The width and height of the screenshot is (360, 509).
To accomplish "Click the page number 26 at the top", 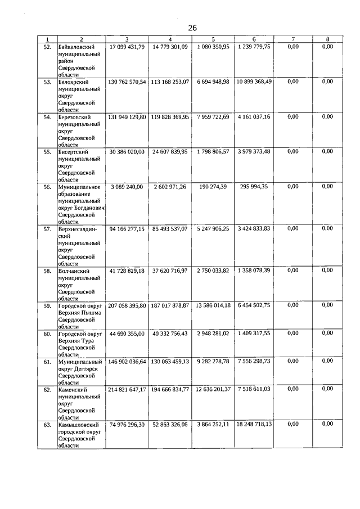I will point(192,28).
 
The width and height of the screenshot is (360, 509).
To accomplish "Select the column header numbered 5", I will point(213,39).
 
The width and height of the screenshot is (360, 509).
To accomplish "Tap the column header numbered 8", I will point(328,39).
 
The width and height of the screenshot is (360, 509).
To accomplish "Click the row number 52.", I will point(47,47).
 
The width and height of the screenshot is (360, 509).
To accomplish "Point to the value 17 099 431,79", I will point(127,47).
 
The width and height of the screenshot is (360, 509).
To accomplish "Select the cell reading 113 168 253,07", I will point(170,82).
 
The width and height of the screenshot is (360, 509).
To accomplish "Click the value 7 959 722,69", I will point(213,116).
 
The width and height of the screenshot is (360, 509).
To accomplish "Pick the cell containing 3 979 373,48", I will point(254,151).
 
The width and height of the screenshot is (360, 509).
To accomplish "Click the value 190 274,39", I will point(213,186).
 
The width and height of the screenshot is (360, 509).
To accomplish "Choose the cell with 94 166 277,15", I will point(127,228).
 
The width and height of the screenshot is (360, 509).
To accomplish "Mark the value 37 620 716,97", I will point(170,271).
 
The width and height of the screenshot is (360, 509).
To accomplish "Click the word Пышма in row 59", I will point(91,312).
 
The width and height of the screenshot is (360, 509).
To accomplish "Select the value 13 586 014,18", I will point(213,305).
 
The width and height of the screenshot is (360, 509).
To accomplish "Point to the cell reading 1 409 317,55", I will point(254,333).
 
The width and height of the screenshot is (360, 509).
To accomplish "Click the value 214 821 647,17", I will point(127,389).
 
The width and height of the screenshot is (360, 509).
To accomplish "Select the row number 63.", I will point(47,424).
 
